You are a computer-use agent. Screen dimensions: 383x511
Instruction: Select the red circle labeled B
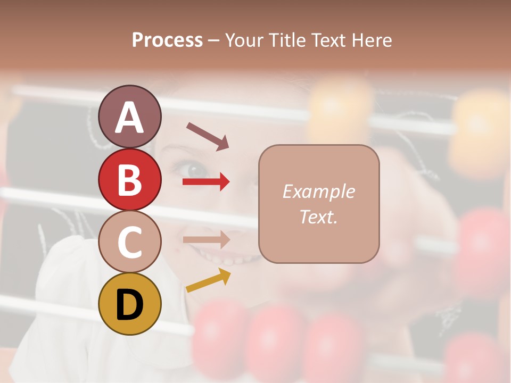click(129, 179)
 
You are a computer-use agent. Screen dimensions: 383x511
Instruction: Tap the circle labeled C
click(129, 242)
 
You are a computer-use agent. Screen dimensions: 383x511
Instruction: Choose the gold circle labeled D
click(129, 304)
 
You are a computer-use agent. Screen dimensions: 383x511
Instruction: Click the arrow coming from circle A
click(208, 136)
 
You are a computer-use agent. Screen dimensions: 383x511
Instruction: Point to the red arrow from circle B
click(206, 182)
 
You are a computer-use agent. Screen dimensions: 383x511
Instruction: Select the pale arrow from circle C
click(206, 239)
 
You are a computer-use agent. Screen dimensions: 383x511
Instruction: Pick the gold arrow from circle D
click(208, 280)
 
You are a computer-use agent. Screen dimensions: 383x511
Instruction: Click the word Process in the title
click(167, 40)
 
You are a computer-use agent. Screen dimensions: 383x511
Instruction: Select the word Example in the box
click(318, 191)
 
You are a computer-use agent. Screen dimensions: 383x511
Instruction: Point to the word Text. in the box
click(318, 217)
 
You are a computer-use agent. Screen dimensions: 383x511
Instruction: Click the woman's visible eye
click(193, 169)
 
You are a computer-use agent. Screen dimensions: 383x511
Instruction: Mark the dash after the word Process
click(214, 41)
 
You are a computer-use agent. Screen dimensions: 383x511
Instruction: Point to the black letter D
click(129, 305)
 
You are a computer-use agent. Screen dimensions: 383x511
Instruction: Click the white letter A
click(129, 117)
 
